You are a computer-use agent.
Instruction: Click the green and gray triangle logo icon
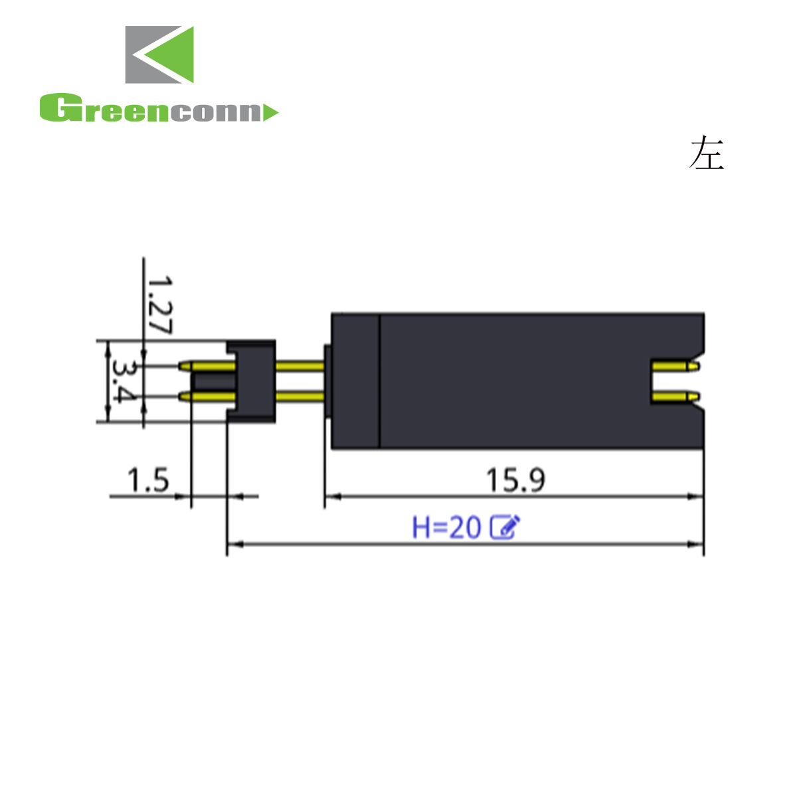click(x=159, y=54)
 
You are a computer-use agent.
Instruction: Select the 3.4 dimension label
click(x=124, y=381)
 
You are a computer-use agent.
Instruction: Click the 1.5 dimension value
click(x=148, y=480)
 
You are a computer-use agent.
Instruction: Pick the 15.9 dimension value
click(x=515, y=480)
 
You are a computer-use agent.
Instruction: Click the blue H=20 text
click(x=447, y=527)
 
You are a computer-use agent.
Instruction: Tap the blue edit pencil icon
click(x=505, y=527)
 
